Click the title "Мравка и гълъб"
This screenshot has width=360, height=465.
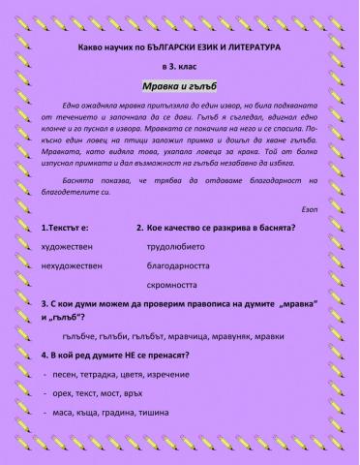[179, 87]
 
